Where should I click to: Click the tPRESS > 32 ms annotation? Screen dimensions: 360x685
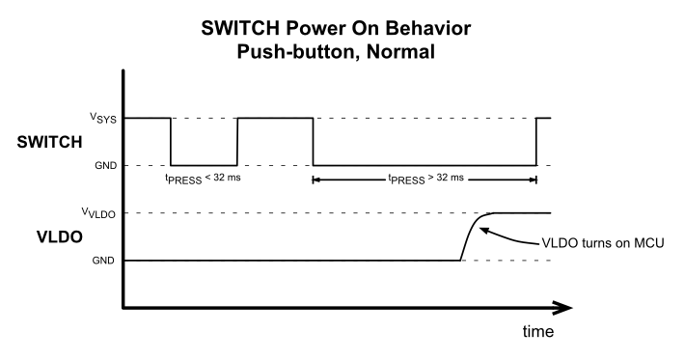(x=425, y=179)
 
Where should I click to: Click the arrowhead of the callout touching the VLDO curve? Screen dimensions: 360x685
(x=483, y=228)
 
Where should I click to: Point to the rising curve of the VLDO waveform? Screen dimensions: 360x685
(x=472, y=233)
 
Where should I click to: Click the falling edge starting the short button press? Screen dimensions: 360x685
(x=171, y=142)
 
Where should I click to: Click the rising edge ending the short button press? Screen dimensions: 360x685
(x=236, y=142)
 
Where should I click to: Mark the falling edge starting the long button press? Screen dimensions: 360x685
(x=313, y=142)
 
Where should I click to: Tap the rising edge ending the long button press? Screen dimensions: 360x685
(x=536, y=142)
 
